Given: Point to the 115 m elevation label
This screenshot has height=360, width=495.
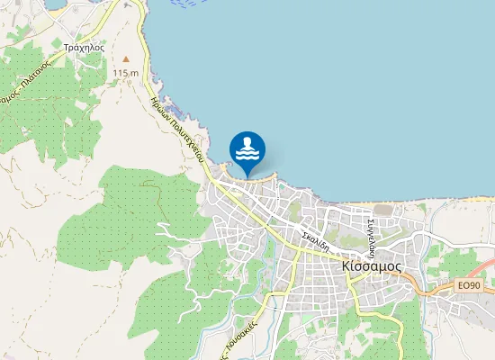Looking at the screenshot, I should coord(126,72).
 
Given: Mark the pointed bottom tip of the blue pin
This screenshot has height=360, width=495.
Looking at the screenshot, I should coord(247,175).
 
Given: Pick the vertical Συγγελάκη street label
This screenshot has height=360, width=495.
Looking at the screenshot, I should coord(370,232).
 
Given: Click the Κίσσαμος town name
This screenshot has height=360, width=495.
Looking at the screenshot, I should coord(372,267).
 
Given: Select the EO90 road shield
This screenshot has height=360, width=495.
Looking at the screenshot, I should coord(468,285).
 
